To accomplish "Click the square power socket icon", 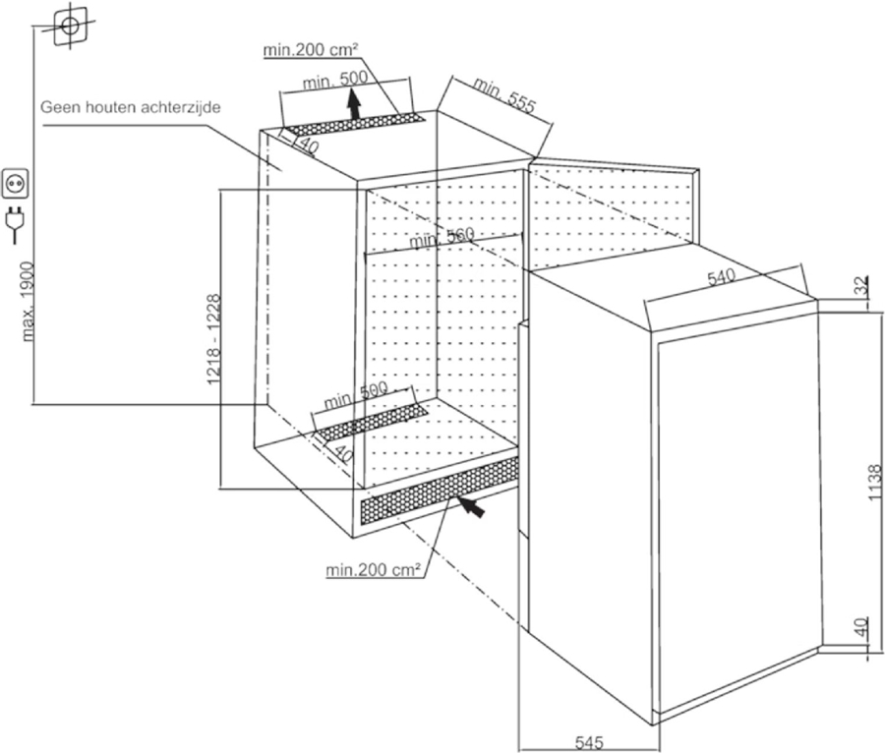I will pos(17,182).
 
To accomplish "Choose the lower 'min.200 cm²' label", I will pos(375,568).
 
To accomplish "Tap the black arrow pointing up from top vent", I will pos(354,102).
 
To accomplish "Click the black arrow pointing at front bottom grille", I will pos(470,505).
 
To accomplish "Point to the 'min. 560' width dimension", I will pos(442,236).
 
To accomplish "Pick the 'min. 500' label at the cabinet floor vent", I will pos(355,395).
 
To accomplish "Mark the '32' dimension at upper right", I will pos(862,286).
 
